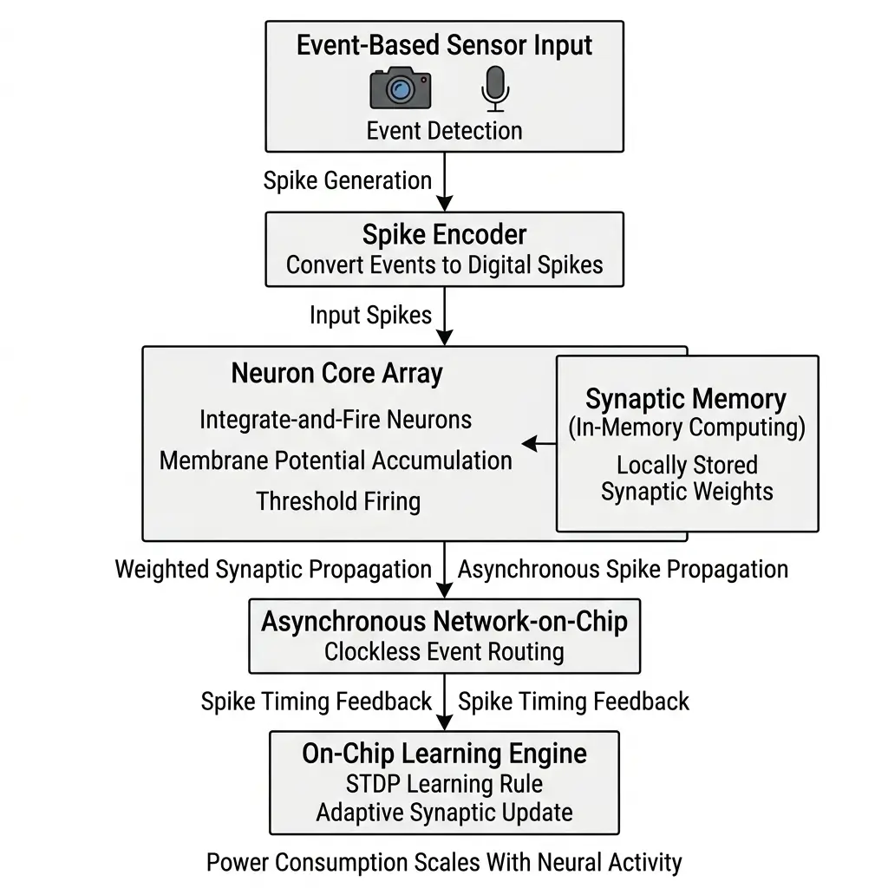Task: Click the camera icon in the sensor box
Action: [400, 88]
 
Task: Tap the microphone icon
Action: [494, 88]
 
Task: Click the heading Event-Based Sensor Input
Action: [444, 46]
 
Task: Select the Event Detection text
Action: [444, 131]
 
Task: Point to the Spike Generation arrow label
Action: [347, 180]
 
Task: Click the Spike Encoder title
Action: [444, 234]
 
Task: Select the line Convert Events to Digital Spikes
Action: [444, 264]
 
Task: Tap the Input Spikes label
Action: [370, 315]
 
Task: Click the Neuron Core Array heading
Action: [336, 374]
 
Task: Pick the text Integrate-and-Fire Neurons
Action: [336, 420]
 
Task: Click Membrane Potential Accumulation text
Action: [336, 460]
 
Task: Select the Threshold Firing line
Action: [338, 501]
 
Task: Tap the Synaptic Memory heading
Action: [686, 399]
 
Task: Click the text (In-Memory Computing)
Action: [686, 428]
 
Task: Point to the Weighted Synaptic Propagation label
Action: [273, 570]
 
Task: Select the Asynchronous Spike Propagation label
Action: [623, 570]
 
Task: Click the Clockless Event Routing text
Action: [444, 651]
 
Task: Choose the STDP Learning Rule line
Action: [444, 784]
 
